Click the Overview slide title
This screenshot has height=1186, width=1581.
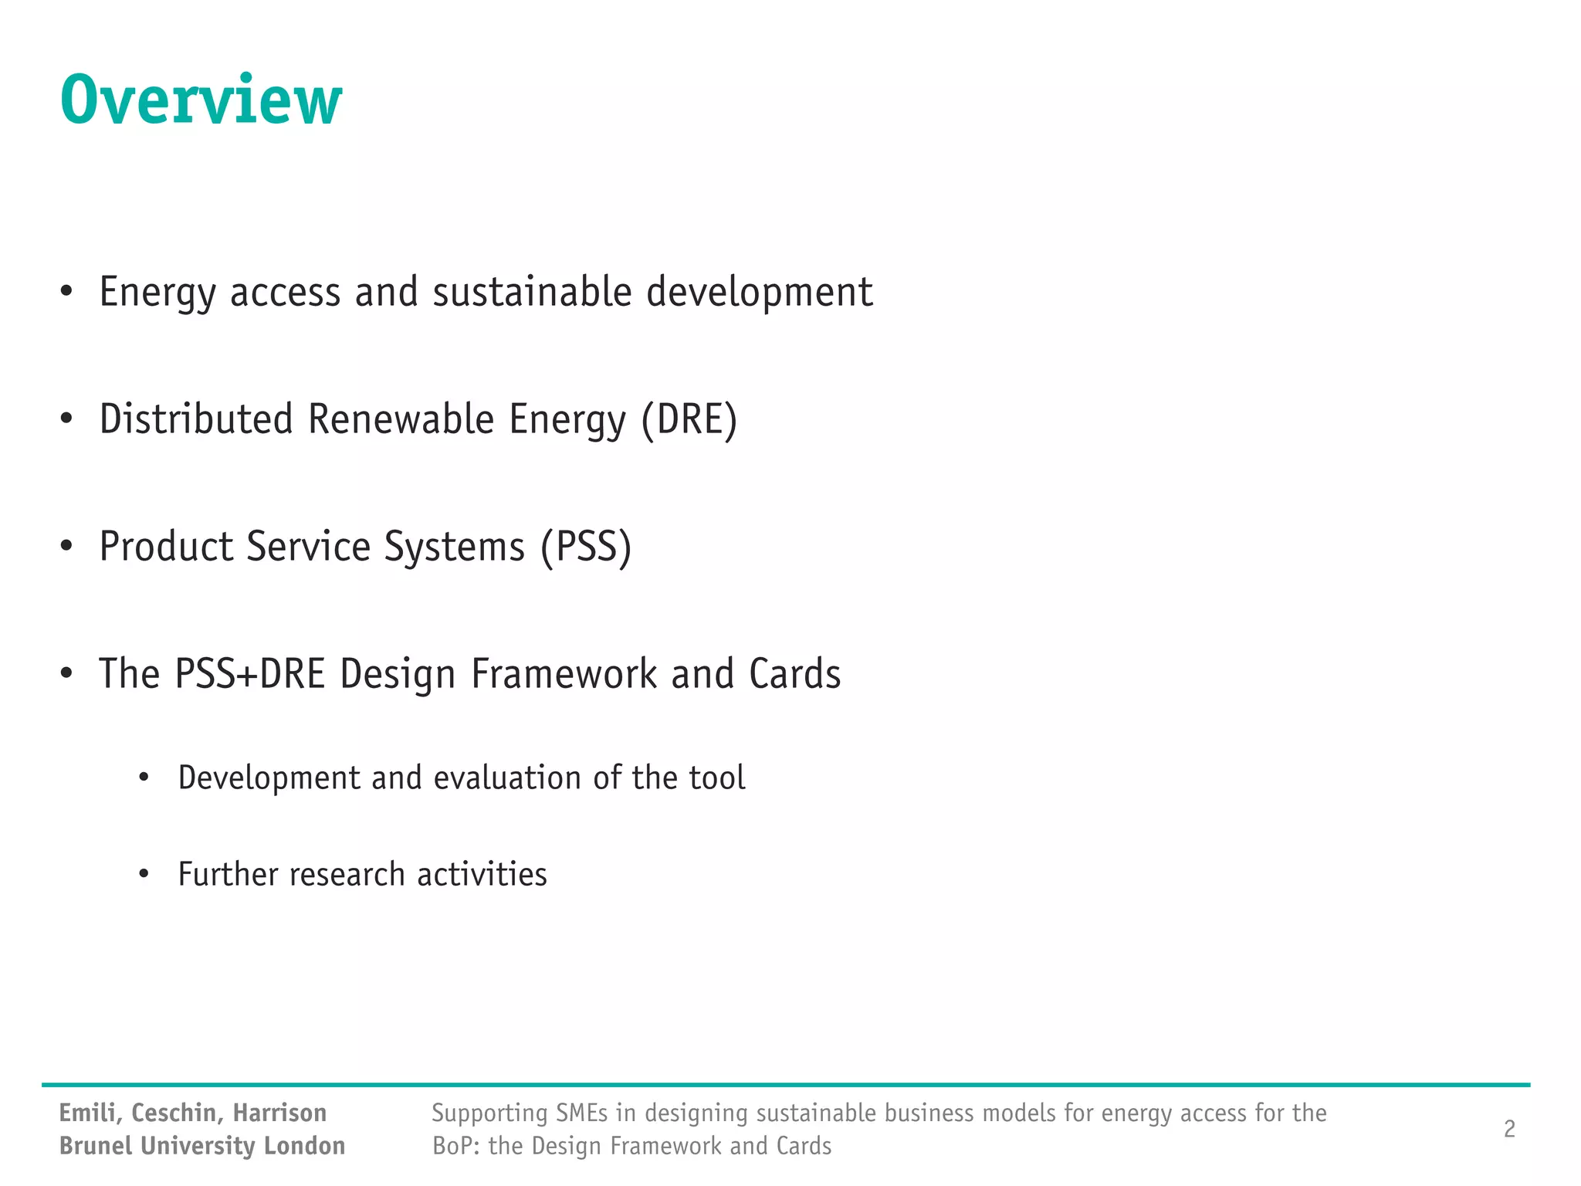[x=201, y=100]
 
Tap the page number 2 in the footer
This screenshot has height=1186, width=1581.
[x=1509, y=1129]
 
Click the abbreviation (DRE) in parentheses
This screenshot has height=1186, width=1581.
[x=689, y=420]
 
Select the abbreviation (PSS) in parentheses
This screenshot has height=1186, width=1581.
[x=586, y=547]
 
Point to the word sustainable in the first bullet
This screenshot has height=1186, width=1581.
[x=532, y=293]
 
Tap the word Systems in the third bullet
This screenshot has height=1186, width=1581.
[x=454, y=547]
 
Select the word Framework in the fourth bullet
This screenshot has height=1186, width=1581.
[x=564, y=674]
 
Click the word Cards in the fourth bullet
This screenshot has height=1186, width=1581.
[x=794, y=674]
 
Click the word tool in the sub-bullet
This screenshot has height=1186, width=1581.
[x=717, y=778]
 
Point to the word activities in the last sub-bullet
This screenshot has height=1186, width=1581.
[x=482, y=874]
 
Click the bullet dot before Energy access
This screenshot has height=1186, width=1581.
[x=66, y=292]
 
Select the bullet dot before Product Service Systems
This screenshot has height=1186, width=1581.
[x=66, y=547]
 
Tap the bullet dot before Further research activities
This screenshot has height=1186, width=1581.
[x=144, y=874]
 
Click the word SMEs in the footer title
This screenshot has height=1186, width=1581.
[x=581, y=1113]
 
